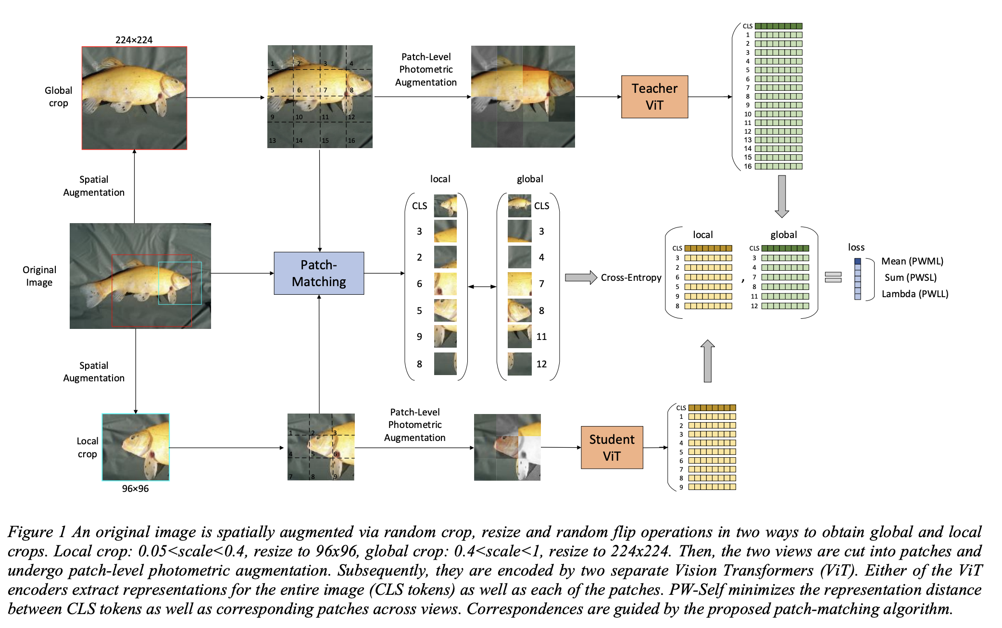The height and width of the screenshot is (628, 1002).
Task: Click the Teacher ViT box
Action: [654, 97]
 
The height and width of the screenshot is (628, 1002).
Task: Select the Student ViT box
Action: [612, 448]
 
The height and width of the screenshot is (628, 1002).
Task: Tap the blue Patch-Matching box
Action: [319, 273]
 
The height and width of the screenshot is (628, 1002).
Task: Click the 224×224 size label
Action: [134, 40]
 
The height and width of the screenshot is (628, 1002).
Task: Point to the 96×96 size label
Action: [135, 489]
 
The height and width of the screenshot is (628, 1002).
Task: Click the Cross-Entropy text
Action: [631, 277]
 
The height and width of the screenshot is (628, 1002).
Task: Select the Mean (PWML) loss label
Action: [912, 261]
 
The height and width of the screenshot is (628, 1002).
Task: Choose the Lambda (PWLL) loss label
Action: [914, 294]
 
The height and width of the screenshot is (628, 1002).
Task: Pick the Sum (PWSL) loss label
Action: [910, 277]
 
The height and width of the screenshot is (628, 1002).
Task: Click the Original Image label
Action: [39, 276]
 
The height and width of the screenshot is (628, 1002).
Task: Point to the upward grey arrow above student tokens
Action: [707, 361]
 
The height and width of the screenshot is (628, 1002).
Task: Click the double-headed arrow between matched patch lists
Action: [482, 287]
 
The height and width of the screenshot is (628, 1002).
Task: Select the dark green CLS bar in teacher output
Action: [778, 26]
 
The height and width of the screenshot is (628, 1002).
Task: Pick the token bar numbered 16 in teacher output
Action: [778, 166]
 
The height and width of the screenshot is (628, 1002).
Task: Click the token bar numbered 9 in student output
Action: [712, 487]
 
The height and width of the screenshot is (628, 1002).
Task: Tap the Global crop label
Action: [58, 97]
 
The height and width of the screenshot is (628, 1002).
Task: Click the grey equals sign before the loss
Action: [833, 277]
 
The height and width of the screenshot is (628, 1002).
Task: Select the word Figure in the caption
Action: [30, 532]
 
